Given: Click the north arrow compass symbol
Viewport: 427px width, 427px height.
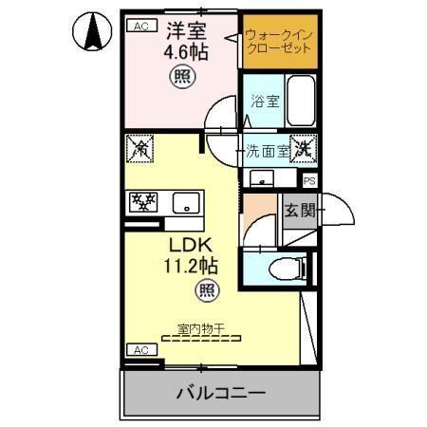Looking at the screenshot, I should [x=93, y=33].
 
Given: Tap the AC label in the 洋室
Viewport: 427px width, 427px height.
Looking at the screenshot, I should [x=140, y=26].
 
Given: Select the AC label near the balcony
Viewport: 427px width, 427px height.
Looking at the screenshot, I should [x=140, y=349].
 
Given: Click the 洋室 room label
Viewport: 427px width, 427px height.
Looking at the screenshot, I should [x=177, y=30].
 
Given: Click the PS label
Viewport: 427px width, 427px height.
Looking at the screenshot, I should [x=309, y=179].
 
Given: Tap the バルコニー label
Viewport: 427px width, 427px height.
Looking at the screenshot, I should [x=218, y=392].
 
